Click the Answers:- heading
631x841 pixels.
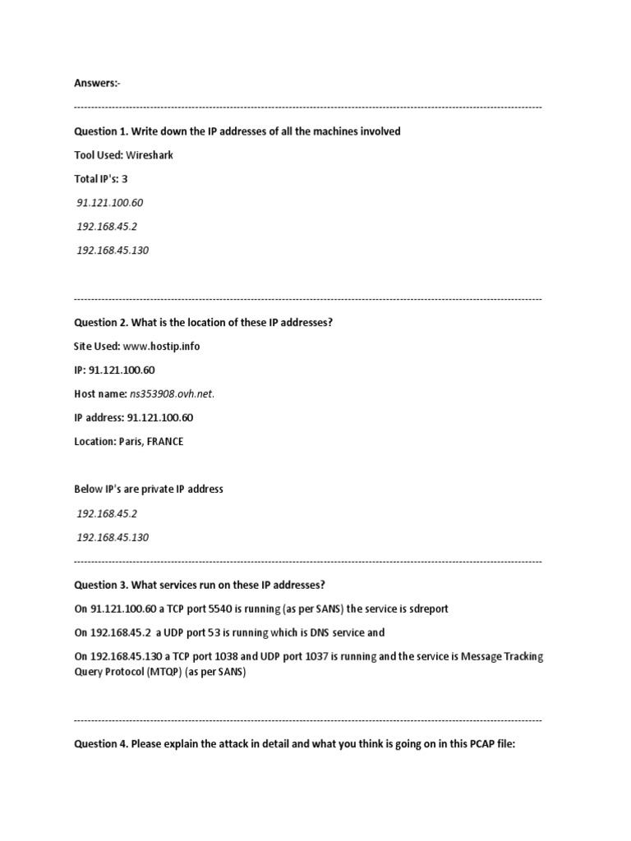[97, 83]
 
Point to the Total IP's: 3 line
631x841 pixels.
[101, 179]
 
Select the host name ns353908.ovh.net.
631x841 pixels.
[172, 394]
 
